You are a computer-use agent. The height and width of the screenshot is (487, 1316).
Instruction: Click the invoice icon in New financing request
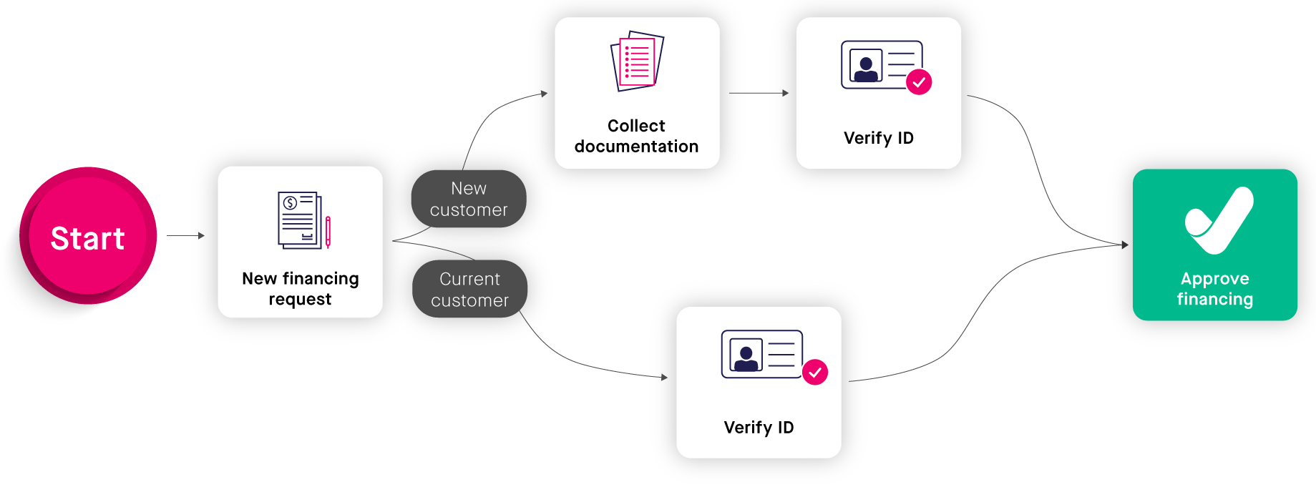pos(299,220)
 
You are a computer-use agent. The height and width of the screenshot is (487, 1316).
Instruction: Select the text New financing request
pos(300,288)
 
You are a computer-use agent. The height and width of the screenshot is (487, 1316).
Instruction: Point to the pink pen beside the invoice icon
pos(328,232)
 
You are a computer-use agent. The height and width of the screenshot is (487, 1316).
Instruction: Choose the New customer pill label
pos(469,199)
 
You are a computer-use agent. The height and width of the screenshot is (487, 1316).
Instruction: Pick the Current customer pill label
pos(469,290)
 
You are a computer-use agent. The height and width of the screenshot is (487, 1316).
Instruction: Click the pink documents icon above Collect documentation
pos(636,61)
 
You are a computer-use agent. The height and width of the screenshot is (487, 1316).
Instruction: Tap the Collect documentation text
pos(636,136)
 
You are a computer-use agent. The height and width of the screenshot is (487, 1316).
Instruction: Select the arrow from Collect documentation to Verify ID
pos(759,93)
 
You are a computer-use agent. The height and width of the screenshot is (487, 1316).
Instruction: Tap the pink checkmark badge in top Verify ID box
pos(919,82)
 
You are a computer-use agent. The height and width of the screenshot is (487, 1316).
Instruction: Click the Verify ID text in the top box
pos(878,138)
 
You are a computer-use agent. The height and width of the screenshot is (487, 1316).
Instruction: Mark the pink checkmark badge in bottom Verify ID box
pos(814,373)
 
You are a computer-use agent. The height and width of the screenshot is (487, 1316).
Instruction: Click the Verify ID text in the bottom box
pos(759,428)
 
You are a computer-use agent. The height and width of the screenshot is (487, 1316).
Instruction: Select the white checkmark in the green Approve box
pos(1219,220)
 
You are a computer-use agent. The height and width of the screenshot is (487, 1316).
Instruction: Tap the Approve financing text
pos(1214,289)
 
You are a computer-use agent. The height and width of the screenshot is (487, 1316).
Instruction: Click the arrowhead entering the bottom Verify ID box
pos(664,377)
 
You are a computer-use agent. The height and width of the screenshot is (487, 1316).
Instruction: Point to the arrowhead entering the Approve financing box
pos(1125,245)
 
